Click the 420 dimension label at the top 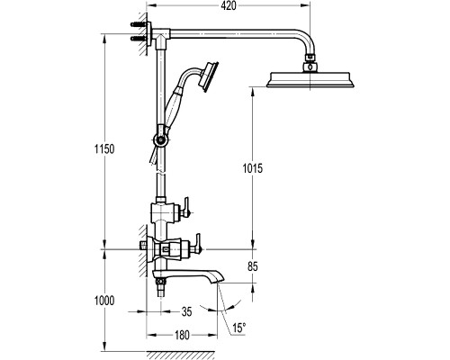point(229,5)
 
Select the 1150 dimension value point(104,149)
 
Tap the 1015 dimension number point(253,168)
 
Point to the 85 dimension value point(253,266)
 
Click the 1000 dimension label point(104,301)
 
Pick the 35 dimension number point(186,312)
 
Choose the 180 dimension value point(182,335)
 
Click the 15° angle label point(239,328)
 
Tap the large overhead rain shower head point(310,79)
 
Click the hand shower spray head point(210,76)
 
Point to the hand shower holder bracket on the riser point(161,139)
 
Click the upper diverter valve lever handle point(186,207)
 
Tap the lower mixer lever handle point(198,242)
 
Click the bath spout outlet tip point(220,281)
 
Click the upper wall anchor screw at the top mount point(139,24)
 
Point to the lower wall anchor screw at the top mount point(139,38)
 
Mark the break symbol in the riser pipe point(161,173)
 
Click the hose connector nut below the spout point(161,282)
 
